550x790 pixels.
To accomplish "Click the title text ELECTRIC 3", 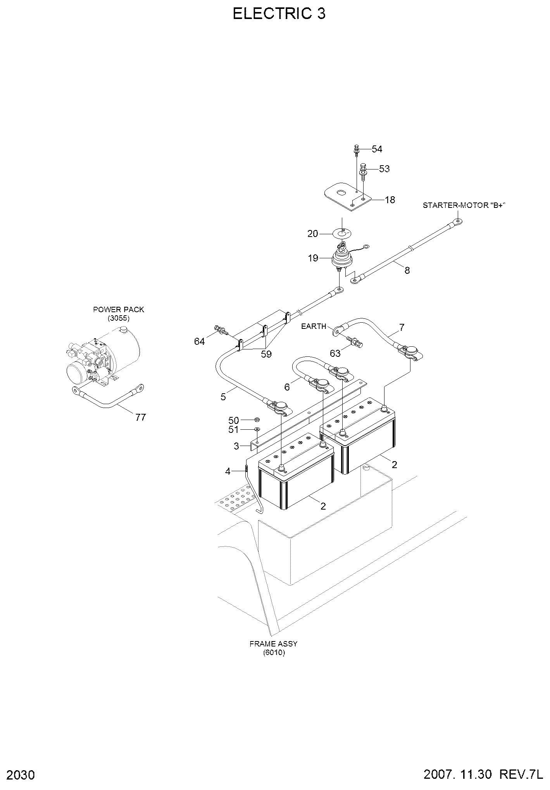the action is pyautogui.click(x=279, y=14).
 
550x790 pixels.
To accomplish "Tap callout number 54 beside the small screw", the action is pyautogui.click(x=377, y=149).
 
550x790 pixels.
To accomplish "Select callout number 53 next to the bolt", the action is pyautogui.click(x=384, y=169).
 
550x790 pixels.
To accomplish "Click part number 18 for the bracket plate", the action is pyautogui.click(x=390, y=200).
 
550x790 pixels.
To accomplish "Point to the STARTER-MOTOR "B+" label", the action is pyautogui.click(x=464, y=205).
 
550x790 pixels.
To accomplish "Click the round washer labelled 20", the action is pyautogui.click(x=341, y=233).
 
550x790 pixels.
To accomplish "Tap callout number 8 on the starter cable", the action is pyautogui.click(x=407, y=270).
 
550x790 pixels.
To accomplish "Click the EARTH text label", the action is pyautogui.click(x=314, y=326).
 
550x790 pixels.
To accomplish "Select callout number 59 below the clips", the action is pyautogui.click(x=266, y=354).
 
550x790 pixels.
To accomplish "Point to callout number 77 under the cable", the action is pyautogui.click(x=141, y=417).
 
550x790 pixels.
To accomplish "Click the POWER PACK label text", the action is pyautogui.click(x=119, y=310).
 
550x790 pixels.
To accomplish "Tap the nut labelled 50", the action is pyautogui.click(x=257, y=420).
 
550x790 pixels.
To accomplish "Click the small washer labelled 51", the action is pyautogui.click(x=257, y=429).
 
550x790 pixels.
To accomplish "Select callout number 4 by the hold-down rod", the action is pyautogui.click(x=228, y=472).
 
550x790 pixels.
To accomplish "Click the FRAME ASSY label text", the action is pyautogui.click(x=274, y=644).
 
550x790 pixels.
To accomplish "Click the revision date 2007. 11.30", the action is pyautogui.click(x=458, y=774).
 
